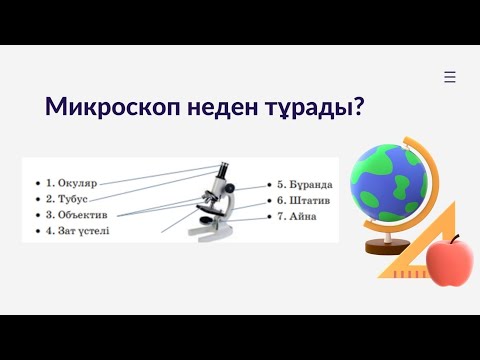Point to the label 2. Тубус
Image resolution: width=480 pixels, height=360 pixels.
click(65, 199)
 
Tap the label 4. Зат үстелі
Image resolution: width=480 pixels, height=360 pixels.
click(77, 230)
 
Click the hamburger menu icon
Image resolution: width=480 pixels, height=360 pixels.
click(450, 77)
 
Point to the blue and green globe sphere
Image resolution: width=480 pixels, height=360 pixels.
click(388, 184)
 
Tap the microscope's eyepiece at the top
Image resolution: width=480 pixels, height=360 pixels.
click(224, 168)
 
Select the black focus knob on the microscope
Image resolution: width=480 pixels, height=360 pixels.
click(231, 187)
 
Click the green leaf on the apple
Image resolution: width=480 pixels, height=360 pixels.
click(456, 238)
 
